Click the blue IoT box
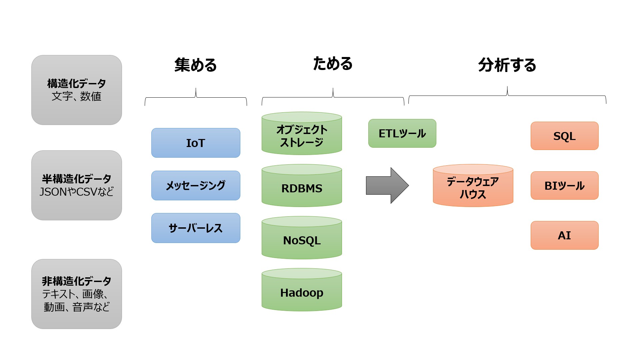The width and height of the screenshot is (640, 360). [196, 143]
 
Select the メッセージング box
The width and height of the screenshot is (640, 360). [196, 185]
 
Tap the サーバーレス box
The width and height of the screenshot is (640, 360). [196, 228]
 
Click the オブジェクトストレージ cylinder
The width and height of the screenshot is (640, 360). [302, 133]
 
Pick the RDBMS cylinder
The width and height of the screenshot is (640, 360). [302, 186]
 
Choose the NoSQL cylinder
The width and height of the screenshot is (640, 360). [302, 238]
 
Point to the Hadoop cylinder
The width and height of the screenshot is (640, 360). [302, 290]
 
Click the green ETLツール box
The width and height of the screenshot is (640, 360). [402, 133]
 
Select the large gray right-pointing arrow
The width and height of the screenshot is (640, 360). [387, 185]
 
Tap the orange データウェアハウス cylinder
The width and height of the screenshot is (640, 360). [473, 186]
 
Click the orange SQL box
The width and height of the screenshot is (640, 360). [565, 136]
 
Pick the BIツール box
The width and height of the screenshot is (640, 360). [565, 185]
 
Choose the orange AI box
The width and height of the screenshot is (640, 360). [565, 235]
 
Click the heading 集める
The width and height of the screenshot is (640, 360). [196, 65]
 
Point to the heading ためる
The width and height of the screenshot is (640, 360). [333, 64]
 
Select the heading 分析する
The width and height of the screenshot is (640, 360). [507, 65]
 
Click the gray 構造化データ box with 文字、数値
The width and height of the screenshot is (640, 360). [77, 90]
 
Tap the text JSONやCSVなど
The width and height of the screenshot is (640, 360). [77, 192]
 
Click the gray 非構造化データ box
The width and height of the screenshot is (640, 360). [77, 294]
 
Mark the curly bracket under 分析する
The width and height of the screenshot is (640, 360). [507, 95]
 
